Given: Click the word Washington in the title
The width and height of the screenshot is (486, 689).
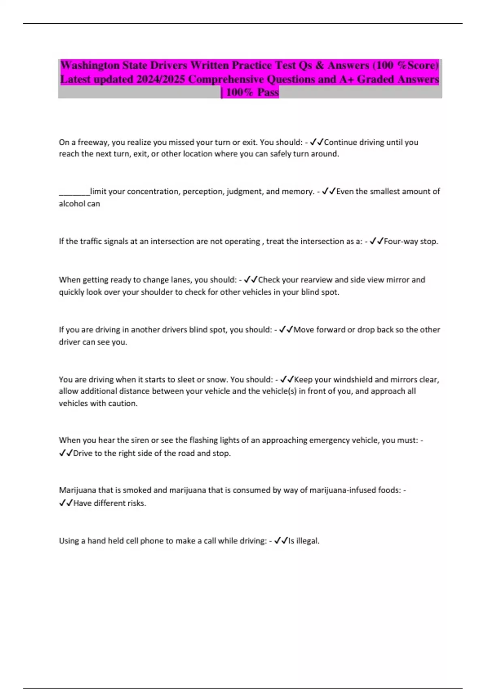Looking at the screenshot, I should click(90, 65).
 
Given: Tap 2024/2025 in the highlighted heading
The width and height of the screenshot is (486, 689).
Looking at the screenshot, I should click(161, 79).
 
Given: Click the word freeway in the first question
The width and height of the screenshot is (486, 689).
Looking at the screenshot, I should click(93, 142).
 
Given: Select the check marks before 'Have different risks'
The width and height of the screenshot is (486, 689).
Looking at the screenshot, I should click(66, 503).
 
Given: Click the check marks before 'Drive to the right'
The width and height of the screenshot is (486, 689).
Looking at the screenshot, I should click(66, 453).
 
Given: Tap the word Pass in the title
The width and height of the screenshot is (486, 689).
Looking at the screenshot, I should click(268, 92).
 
